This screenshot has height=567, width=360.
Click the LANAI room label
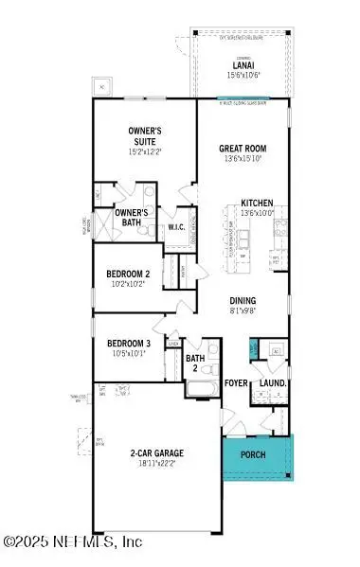(239, 63)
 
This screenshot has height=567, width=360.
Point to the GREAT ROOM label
(242, 148)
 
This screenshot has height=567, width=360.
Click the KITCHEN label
(258, 204)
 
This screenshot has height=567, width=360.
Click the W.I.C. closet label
(176, 226)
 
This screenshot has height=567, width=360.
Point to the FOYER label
(236, 383)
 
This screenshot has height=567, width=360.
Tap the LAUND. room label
(274, 383)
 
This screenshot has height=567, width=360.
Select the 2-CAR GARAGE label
(156, 453)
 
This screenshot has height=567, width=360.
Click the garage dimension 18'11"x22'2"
(156, 464)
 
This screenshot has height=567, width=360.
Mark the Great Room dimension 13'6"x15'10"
(242, 159)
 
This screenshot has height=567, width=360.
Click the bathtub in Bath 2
(200, 389)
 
